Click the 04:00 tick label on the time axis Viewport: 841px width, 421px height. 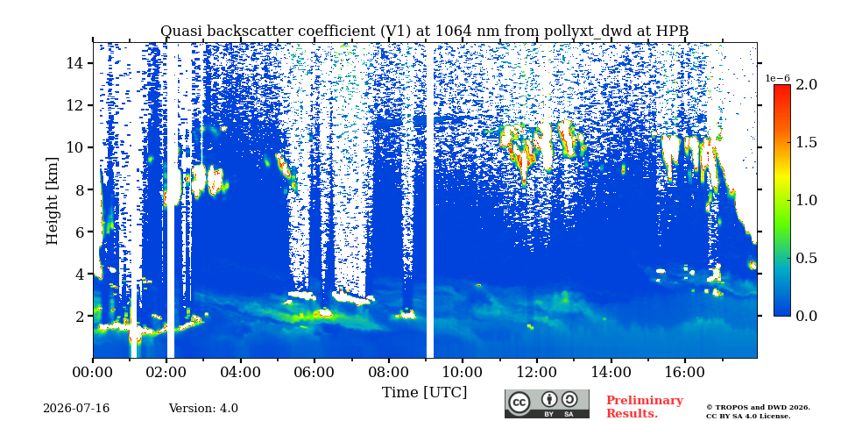pyautogui.click(x=241, y=372)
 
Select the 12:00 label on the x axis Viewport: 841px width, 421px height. pyautogui.click(x=537, y=372)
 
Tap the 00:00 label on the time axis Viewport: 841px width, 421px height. pyautogui.click(x=93, y=372)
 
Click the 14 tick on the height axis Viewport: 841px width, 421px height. pyautogui.click(x=73, y=63)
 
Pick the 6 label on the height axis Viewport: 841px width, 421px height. pyautogui.click(x=77, y=232)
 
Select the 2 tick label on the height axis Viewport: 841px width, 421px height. pyautogui.click(x=77, y=317)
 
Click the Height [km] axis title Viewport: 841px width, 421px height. pyautogui.click(x=52, y=201)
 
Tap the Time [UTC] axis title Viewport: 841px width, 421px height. pyautogui.click(x=424, y=393)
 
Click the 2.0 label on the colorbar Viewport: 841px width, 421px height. pyautogui.click(x=806, y=85)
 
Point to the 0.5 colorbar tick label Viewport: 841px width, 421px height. pyautogui.click(x=806, y=258)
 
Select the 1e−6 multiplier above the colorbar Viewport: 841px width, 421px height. pyautogui.click(x=777, y=78)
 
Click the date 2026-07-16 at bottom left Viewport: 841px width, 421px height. pyautogui.click(x=76, y=409)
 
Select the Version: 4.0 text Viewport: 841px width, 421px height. pyautogui.click(x=203, y=409)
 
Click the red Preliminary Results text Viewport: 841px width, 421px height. pyautogui.click(x=645, y=407)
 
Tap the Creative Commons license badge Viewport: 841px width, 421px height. pyautogui.click(x=547, y=403)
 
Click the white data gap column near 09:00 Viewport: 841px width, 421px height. pyautogui.click(x=430, y=200)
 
